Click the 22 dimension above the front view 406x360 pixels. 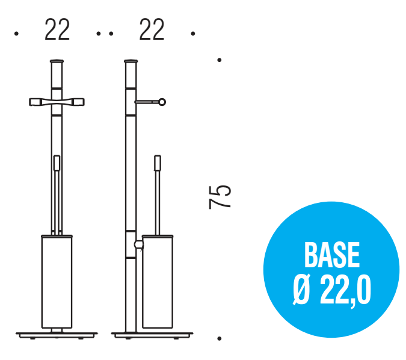[x=57, y=29]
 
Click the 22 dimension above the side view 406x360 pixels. [x=152, y=29]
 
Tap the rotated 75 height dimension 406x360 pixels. [x=220, y=197]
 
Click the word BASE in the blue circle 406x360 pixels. [x=331, y=255]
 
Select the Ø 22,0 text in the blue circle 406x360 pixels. [x=332, y=290]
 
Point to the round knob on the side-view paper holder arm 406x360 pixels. [x=162, y=102]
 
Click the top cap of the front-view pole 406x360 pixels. [x=57, y=61]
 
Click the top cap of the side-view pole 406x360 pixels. [x=131, y=61]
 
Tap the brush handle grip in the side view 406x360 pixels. [x=158, y=163]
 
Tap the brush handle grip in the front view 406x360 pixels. [x=57, y=163]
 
